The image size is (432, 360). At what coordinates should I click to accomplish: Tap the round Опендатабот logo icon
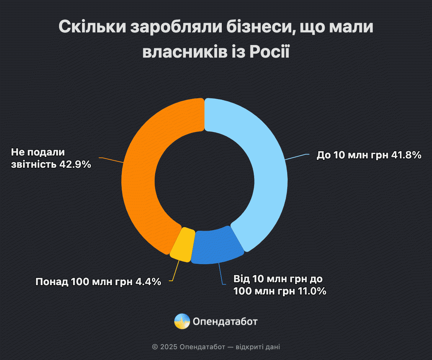coord(182,321)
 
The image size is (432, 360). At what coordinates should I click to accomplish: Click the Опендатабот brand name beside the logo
coord(225,321)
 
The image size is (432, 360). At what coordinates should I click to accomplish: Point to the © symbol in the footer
coord(155,347)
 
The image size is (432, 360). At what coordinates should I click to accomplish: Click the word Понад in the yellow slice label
coord(51,282)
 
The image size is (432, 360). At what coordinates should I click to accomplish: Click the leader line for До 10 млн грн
coord(297,157)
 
